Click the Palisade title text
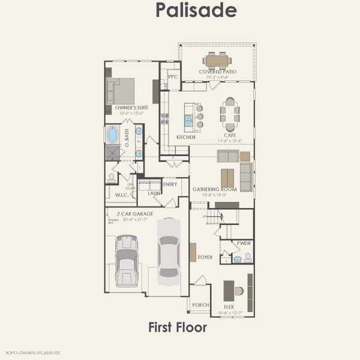196,10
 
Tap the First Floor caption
178,327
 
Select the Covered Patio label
217,71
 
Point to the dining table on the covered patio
217,59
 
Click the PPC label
173,77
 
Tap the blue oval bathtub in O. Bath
112,134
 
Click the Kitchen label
186,137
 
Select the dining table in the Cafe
230,114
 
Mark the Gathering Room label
214,189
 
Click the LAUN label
154,193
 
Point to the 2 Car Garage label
130,214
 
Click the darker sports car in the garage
127,259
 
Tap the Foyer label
205,257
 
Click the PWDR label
244,243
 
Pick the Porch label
200,305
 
